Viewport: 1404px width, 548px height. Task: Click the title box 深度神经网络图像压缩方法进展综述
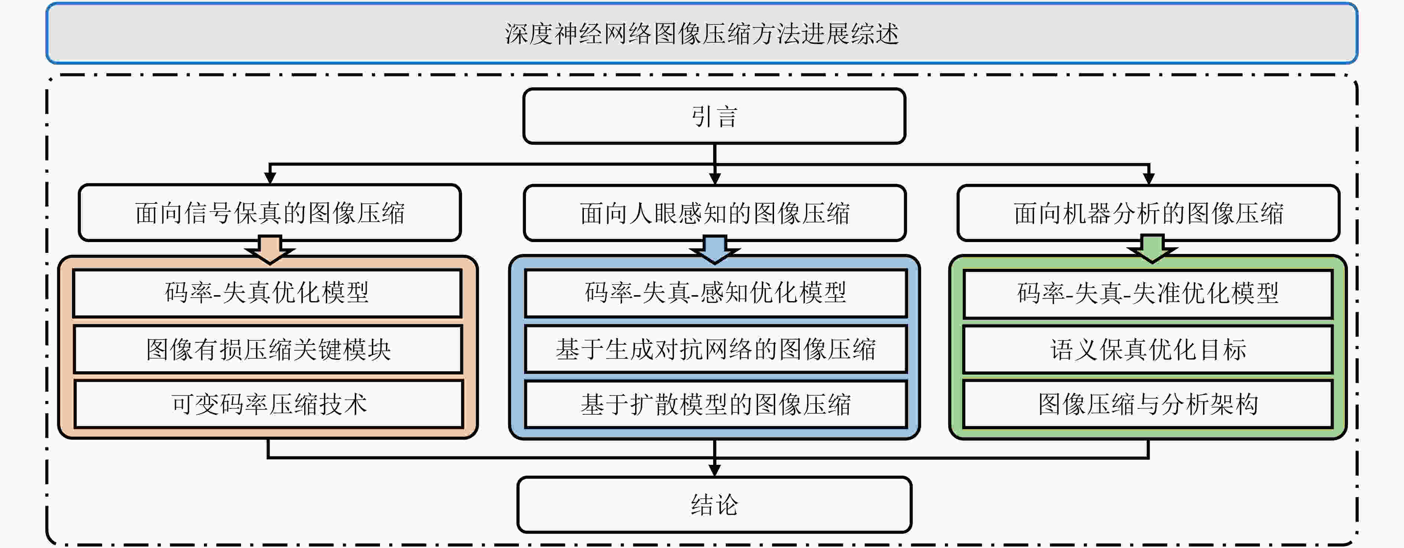702,33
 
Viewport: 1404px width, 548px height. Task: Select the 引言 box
714,116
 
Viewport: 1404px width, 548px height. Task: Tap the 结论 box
714,505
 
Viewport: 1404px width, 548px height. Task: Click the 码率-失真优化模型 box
267,293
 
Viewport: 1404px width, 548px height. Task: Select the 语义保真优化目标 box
1148,349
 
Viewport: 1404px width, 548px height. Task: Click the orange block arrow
270,250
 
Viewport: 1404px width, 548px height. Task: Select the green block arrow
1152,249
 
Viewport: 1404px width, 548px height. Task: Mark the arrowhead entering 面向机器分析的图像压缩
1148,179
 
